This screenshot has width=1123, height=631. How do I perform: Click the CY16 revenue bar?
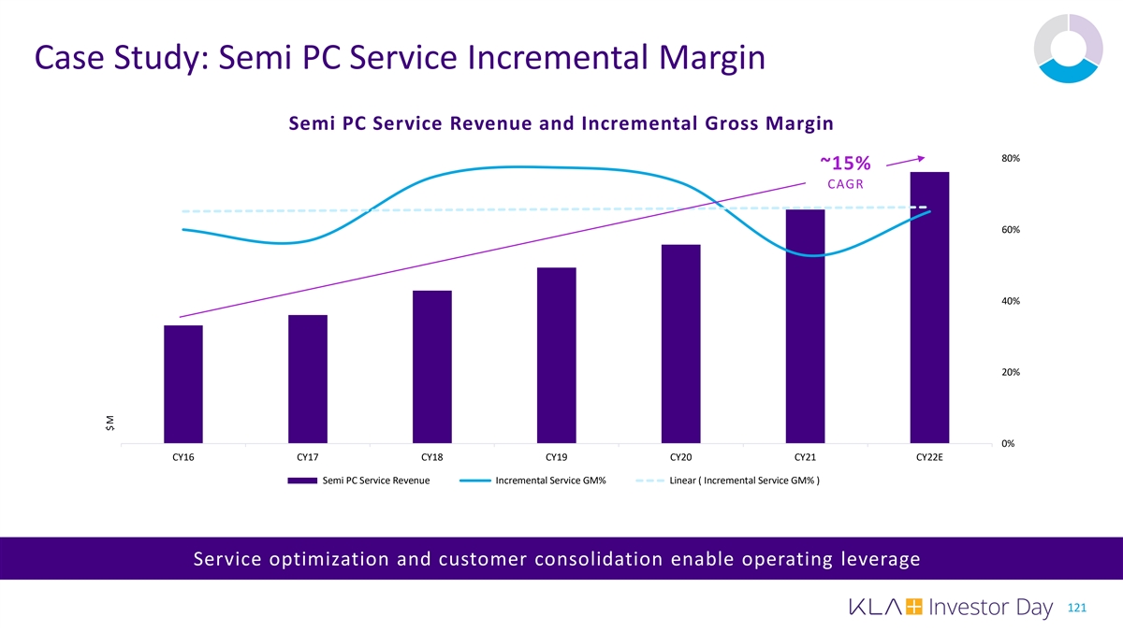point(183,384)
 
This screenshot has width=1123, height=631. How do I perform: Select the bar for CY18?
point(431,366)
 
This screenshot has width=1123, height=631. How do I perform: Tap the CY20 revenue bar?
point(680,344)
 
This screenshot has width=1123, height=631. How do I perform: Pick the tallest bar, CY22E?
point(929,308)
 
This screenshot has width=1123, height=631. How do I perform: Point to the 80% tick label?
point(1011,158)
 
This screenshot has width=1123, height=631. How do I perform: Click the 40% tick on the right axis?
point(1011,301)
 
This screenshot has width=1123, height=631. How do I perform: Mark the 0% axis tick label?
point(1009,443)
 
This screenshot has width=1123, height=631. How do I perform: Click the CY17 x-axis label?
point(307,458)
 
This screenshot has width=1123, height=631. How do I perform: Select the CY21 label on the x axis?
point(805,458)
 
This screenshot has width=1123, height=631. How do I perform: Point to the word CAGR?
point(844,184)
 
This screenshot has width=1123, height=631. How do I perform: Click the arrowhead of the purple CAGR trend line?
point(921,157)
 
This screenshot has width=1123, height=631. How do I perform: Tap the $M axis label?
point(110,423)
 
